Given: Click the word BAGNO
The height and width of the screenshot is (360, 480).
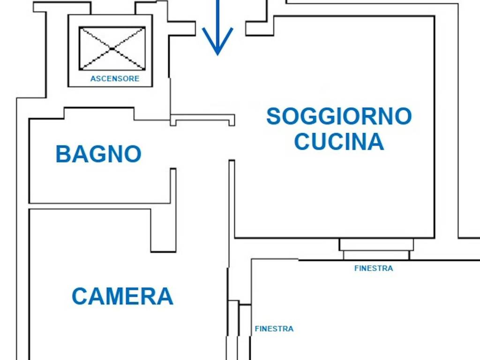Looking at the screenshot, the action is [x=98, y=154].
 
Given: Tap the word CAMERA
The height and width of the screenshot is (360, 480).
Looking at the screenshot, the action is [x=122, y=296].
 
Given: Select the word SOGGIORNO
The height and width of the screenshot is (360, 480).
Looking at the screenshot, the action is [x=339, y=116].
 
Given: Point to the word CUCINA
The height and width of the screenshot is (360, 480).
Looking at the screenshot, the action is [x=339, y=141].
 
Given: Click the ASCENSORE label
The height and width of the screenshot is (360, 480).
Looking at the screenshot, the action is [x=115, y=79].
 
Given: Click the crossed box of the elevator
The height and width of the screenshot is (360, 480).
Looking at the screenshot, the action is [x=112, y=48].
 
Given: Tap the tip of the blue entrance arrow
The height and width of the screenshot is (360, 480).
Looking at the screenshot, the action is [x=217, y=55].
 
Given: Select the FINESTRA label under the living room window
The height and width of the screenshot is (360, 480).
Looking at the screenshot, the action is [x=374, y=268].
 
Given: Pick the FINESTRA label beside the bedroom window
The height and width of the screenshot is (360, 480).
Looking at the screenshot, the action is [x=274, y=329].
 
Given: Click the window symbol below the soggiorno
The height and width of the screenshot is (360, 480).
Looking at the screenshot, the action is [x=376, y=249].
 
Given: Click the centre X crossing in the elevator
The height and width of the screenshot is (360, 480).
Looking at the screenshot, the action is [x=112, y=49].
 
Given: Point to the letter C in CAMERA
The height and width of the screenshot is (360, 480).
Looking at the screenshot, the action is [x=80, y=296].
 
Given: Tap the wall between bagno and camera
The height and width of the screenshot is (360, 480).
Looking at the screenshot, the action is [x=99, y=206].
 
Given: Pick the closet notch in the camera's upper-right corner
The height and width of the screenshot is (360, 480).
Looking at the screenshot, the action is [x=164, y=230].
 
